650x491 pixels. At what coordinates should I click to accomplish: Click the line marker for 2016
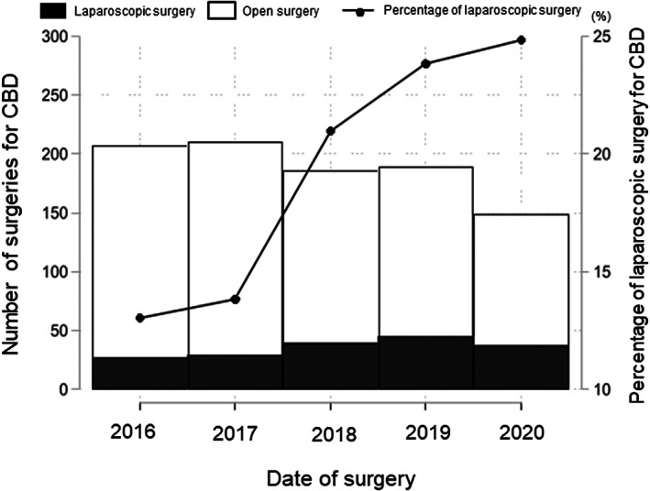coord(139,318)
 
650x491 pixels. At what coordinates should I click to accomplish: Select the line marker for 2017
coord(235,300)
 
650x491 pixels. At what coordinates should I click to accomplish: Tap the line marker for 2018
coord(330,130)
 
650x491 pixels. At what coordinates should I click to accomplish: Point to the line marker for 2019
coord(425,63)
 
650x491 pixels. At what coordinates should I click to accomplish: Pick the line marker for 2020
coord(521,40)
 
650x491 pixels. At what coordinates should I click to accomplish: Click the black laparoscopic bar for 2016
coord(139,374)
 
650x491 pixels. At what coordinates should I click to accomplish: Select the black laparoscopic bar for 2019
coord(425,363)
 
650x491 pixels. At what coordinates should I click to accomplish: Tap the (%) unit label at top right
coord(622,16)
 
